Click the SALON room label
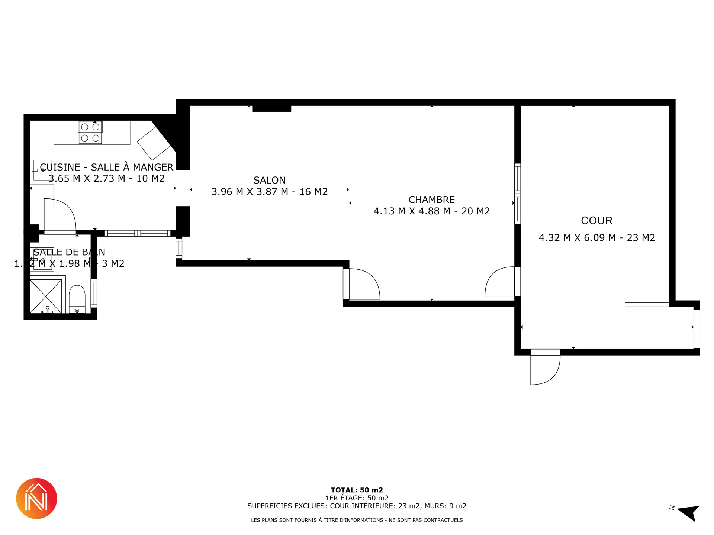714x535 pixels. click(270, 180)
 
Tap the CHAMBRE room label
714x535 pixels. click(432, 200)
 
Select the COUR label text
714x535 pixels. click(596, 221)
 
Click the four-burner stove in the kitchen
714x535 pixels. click(90, 132)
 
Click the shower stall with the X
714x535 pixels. click(46, 296)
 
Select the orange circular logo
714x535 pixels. click(36, 498)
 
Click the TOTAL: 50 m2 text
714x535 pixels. click(357, 490)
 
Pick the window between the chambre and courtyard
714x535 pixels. click(517, 194)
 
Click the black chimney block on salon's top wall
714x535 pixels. click(271, 108)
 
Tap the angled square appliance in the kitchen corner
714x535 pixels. click(154, 143)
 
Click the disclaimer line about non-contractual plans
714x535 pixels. click(357, 520)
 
